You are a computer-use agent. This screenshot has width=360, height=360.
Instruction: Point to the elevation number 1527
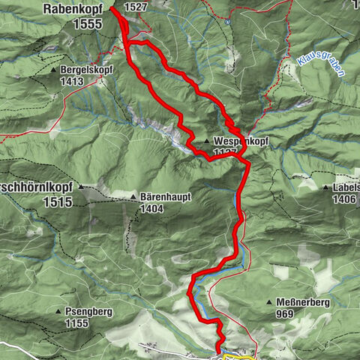coord(136,7)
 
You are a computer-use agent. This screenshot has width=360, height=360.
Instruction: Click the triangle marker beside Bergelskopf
coord(54,70)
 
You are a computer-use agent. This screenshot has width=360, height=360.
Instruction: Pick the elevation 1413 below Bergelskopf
coord(73,81)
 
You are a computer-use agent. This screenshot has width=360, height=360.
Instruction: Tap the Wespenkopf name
coord(241,141)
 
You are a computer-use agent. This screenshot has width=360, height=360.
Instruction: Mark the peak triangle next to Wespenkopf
coord(206,141)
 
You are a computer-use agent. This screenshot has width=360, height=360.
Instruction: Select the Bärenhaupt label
coord(165,196)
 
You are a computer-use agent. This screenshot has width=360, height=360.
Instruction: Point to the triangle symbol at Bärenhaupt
coord(133,197)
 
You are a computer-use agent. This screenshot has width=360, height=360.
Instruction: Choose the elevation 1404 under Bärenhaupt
coord(152,208)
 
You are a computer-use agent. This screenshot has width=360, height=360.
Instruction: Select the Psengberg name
coord(92,310)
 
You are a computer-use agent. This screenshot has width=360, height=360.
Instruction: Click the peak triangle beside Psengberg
coord(59,311)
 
